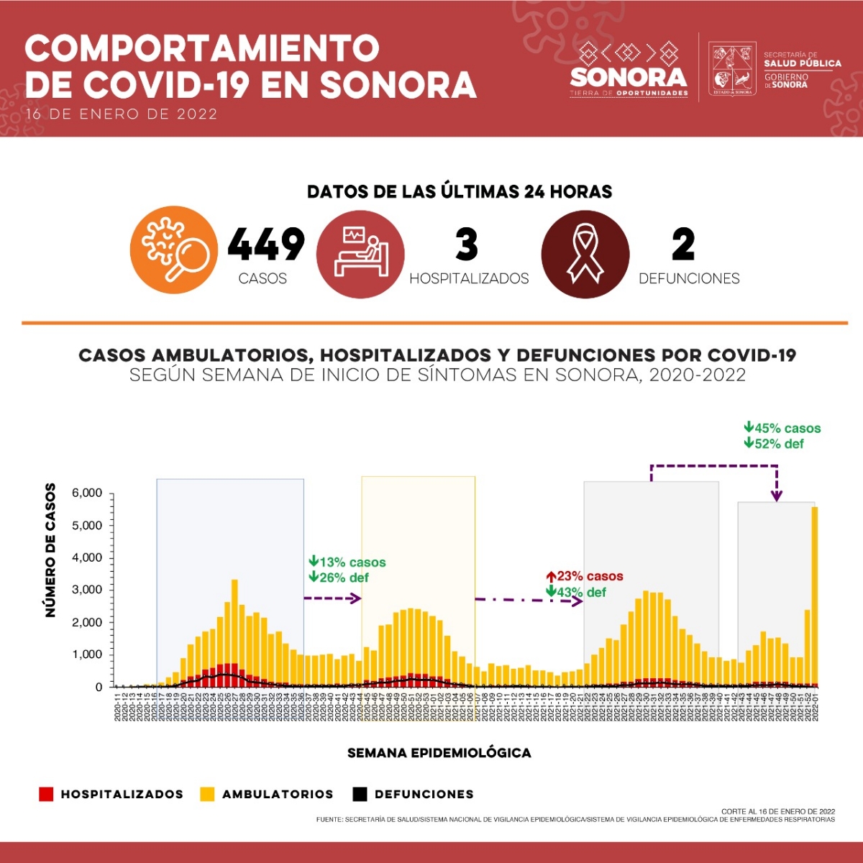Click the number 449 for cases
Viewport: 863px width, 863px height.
[x=266, y=245]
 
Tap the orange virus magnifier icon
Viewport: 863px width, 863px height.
[x=173, y=250]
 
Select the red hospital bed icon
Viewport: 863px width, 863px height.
[x=360, y=254]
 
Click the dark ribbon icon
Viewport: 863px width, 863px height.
[x=585, y=254]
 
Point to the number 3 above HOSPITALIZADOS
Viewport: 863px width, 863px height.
[x=467, y=245]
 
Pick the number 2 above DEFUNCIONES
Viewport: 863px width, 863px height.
[x=683, y=245]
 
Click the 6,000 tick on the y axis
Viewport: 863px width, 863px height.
[x=87, y=493]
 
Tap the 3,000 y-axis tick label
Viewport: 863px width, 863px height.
[x=87, y=590]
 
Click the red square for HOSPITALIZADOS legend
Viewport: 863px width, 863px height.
[x=46, y=794]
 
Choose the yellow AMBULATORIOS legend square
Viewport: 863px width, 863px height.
[x=207, y=794]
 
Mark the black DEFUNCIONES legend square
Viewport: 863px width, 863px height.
[x=360, y=794]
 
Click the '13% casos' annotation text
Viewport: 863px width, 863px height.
[x=348, y=562]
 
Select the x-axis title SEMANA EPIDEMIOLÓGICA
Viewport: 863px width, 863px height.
[x=439, y=753]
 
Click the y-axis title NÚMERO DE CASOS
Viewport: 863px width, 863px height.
[x=50, y=550]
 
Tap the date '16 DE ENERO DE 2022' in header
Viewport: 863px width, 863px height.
[x=122, y=114]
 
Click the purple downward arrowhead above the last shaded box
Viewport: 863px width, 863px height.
[x=777, y=496]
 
